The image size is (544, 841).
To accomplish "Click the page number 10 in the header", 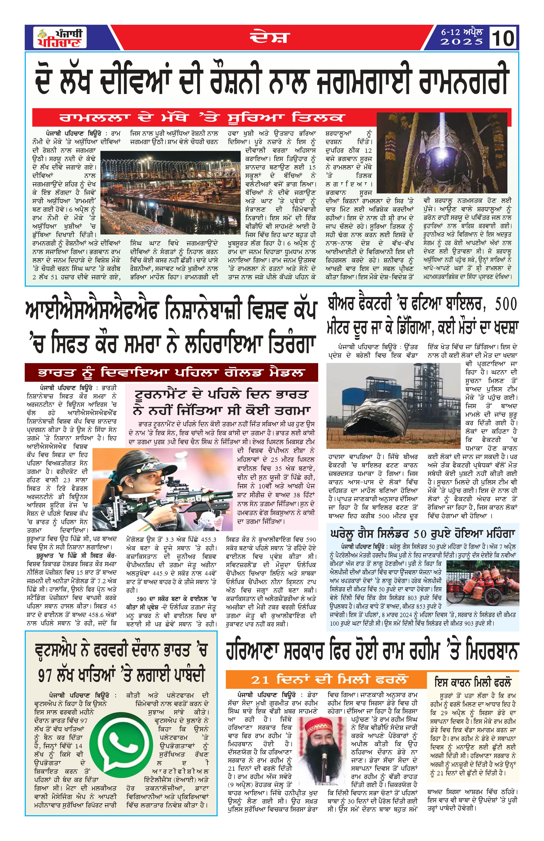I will point(503,38).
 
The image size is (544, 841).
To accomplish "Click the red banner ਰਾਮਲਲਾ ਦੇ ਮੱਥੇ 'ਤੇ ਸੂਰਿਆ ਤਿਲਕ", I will point(201,117).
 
